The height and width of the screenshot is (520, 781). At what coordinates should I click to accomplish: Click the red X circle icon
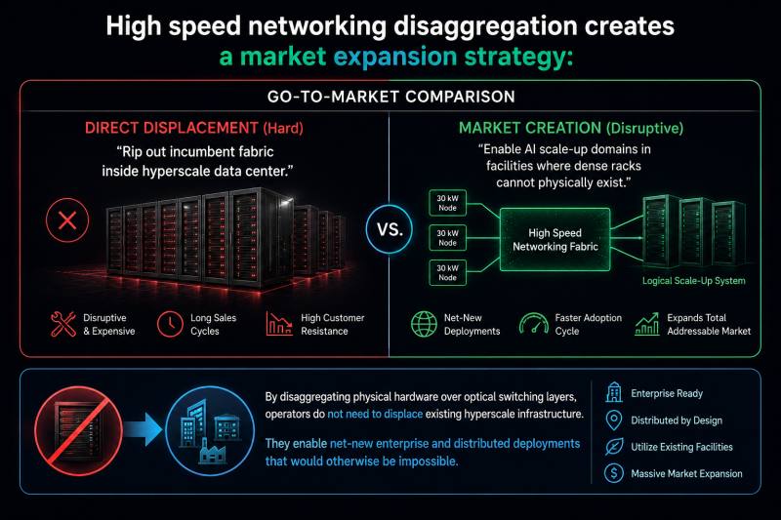[67, 220]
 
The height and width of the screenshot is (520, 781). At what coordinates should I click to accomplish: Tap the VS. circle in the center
[389, 229]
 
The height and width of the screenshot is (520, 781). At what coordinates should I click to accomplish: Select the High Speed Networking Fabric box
[555, 239]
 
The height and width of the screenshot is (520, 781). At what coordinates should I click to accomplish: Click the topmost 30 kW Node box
[447, 203]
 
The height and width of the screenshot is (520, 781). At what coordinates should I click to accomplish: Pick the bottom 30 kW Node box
[447, 272]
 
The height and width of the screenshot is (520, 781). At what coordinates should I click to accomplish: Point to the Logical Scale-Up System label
[693, 281]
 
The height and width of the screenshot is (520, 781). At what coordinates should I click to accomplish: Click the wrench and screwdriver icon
[63, 324]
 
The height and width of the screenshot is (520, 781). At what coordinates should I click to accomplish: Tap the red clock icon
[170, 324]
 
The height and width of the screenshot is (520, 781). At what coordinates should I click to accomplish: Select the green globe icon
[424, 324]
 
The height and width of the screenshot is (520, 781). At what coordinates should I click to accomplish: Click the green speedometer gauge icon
[533, 324]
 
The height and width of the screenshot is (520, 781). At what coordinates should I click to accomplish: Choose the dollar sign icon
[614, 473]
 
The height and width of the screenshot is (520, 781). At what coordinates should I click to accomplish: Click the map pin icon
[614, 420]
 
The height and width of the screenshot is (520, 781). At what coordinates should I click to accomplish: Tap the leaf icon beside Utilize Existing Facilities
[614, 447]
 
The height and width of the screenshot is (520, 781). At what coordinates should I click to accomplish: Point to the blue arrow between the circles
[143, 428]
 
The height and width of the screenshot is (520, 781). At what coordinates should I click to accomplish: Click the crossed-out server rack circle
[78, 430]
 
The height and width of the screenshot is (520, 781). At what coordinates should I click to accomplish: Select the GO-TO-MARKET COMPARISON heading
[391, 97]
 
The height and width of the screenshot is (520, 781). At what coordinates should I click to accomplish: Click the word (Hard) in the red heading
[283, 129]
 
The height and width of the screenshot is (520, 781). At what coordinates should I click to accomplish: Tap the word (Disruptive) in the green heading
[644, 129]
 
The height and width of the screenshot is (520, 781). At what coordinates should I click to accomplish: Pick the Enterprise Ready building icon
[614, 392]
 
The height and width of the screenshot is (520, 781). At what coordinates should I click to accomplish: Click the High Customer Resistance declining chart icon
[279, 324]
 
